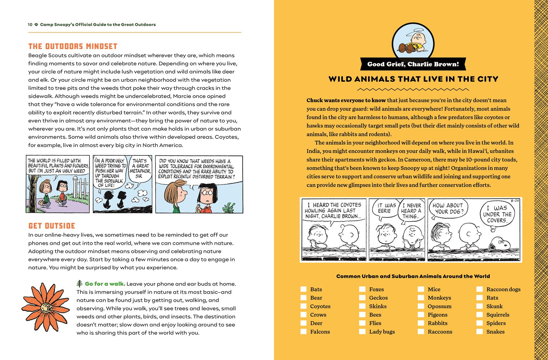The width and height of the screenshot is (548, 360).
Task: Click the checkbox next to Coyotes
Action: click(x=303, y=306)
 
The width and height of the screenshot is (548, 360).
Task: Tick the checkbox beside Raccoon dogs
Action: click(x=480, y=289)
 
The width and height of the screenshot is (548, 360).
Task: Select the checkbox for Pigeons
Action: click(x=421, y=315)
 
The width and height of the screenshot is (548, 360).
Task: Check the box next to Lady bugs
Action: click(x=362, y=331)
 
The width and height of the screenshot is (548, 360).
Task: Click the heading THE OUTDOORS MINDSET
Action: click(x=73, y=46)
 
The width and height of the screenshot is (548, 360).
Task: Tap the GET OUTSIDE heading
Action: click(x=52, y=226)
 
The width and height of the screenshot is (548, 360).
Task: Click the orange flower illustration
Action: click(x=45, y=307)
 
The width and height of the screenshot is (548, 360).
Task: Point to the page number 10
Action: click(x=30, y=25)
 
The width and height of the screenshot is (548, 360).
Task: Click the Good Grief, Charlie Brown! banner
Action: click(x=413, y=64)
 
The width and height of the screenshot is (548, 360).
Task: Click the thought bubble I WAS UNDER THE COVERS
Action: click(x=497, y=214)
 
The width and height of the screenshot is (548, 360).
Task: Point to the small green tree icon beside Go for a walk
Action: click(x=79, y=284)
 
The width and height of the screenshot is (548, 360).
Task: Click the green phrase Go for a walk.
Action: click(x=105, y=284)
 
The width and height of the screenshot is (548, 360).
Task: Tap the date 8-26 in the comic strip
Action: click(x=514, y=201)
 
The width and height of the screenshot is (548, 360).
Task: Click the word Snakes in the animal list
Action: click(x=495, y=331)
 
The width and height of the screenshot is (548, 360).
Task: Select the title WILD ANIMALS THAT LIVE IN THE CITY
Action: click(x=413, y=79)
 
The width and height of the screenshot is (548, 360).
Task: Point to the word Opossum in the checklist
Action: click(x=439, y=306)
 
